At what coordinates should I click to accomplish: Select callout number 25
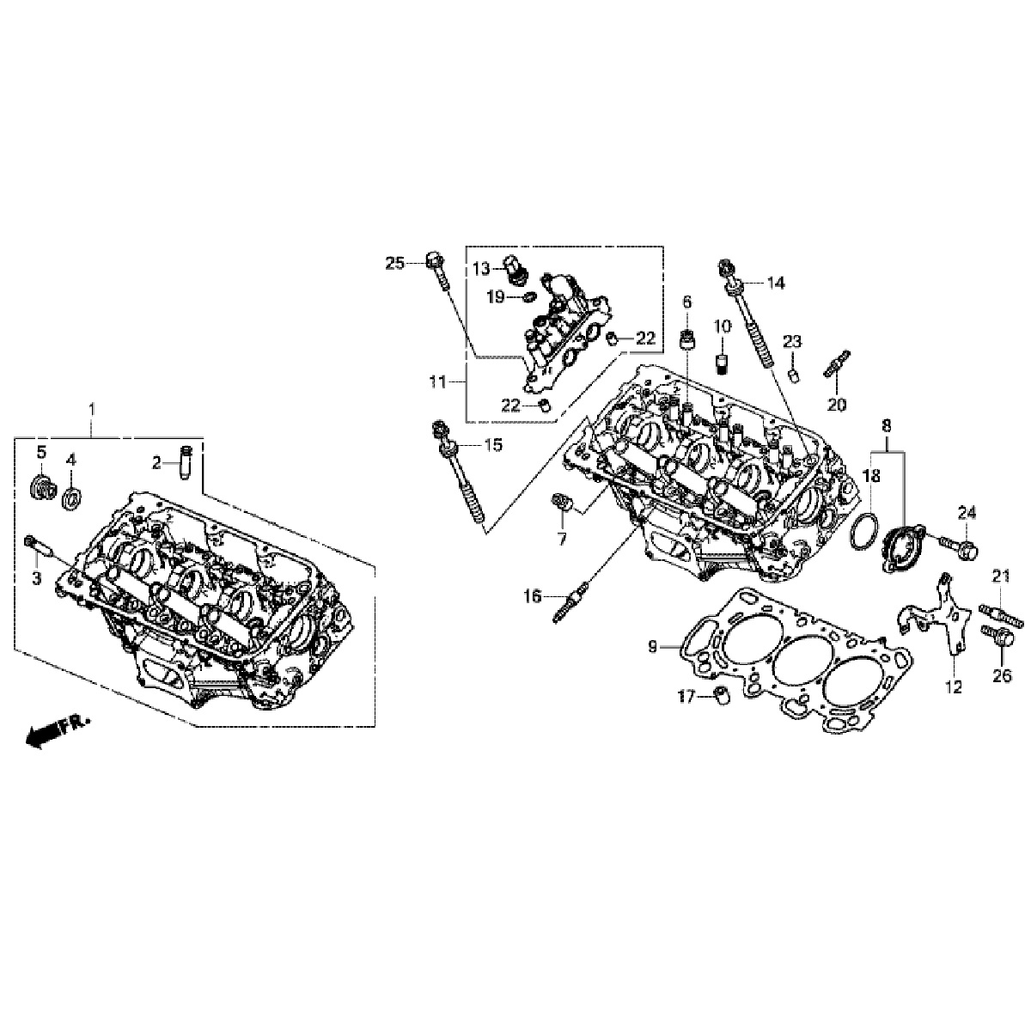click(x=393, y=263)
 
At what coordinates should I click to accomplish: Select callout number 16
click(x=533, y=595)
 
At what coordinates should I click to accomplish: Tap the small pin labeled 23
click(x=794, y=374)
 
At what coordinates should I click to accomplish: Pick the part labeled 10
click(x=723, y=362)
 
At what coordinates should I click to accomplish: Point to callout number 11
click(x=438, y=382)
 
